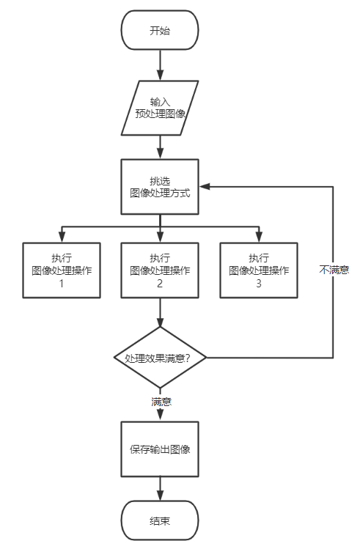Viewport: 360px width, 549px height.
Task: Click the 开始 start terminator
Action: click(x=160, y=30)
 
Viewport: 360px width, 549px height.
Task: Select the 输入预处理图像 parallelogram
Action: click(x=160, y=108)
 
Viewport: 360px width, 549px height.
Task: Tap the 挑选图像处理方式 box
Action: click(x=160, y=187)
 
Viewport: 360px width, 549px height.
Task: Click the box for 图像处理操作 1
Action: click(x=62, y=270)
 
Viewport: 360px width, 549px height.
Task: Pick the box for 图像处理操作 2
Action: click(x=160, y=270)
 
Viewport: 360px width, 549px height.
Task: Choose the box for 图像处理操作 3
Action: click(x=259, y=270)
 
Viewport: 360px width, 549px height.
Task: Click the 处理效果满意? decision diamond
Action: click(x=160, y=358)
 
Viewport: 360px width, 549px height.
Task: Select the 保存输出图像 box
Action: click(x=160, y=449)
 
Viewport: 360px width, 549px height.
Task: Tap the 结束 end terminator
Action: click(x=160, y=520)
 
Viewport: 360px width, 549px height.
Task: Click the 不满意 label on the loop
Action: click(x=334, y=270)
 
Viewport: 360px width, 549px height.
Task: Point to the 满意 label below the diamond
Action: click(x=161, y=401)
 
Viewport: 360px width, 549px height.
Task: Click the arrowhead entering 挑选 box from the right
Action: click(x=204, y=187)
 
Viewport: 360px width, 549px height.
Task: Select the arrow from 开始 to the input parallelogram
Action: click(x=160, y=65)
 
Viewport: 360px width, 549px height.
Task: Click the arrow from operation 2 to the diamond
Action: click(x=160, y=312)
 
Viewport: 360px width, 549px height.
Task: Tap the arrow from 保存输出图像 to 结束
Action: click(x=160, y=489)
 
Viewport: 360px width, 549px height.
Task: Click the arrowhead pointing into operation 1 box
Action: click(x=62, y=237)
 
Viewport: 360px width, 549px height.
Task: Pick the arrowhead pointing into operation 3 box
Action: click(x=259, y=237)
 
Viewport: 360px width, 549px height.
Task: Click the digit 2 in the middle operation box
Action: click(x=160, y=283)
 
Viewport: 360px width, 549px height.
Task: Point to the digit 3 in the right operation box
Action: click(x=259, y=283)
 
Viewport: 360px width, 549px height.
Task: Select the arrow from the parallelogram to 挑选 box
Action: click(x=160, y=147)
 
